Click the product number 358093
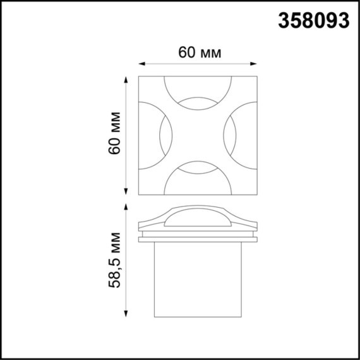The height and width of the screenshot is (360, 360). tap(313, 20)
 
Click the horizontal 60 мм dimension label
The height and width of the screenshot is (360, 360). tap(200, 53)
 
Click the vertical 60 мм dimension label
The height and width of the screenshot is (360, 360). tap(115, 135)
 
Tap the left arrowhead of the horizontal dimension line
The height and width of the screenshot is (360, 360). tap(141, 63)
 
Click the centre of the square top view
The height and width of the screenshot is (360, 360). tap(197, 136)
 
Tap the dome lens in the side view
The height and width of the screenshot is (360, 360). tap(197, 218)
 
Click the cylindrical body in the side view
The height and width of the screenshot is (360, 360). tap(197, 278)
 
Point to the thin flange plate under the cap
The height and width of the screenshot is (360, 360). tap(197, 239)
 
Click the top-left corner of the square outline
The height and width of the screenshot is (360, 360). tap(140, 77)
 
